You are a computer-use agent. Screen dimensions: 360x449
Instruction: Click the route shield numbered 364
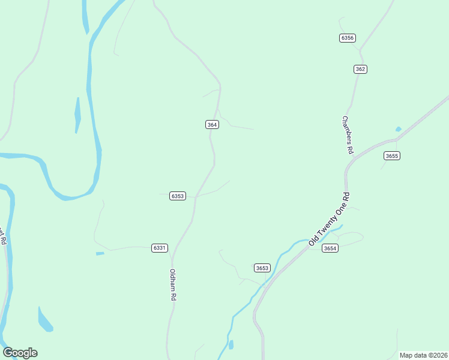click(x=212, y=125)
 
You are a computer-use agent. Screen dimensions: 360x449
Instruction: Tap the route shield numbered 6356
click(x=347, y=38)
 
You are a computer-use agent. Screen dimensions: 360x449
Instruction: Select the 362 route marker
click(x=360, y=69)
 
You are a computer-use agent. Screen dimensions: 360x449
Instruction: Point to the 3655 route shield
click(x=392, y=156)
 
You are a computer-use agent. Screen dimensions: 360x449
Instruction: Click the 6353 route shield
click(x=178, y=196)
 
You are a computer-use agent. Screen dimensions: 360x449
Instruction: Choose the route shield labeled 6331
click(x=160, y=248)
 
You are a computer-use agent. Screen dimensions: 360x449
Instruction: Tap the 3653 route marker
click(x=262, y=268)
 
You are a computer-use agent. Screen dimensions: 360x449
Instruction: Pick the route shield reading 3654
click(x=330, y=248)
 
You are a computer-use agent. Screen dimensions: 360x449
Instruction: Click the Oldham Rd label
click(x=173, y=284)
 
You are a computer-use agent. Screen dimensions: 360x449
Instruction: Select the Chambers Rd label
click(x=346, y=135)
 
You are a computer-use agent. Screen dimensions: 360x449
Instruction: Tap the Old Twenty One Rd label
click(x=329, y=218)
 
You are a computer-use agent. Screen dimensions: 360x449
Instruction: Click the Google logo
click(x=20, y=353)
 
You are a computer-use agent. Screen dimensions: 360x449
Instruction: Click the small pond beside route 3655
click(x=398, y=129)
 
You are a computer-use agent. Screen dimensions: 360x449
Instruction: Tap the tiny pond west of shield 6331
click(x=100, y=253)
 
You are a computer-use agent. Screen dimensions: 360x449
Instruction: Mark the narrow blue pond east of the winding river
click(x=77, y=115)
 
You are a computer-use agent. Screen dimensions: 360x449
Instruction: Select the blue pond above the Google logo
click(x=45, y=320)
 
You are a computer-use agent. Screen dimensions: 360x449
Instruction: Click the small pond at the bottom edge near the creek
click(x=231, y=344)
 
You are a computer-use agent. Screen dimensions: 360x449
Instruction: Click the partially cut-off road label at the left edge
click(x=3, y=236)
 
